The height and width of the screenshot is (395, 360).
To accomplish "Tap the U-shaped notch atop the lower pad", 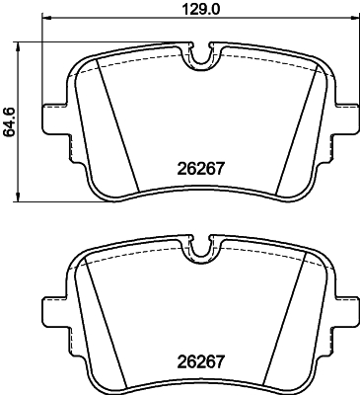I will pyautogui.click(x=202, y=251).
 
